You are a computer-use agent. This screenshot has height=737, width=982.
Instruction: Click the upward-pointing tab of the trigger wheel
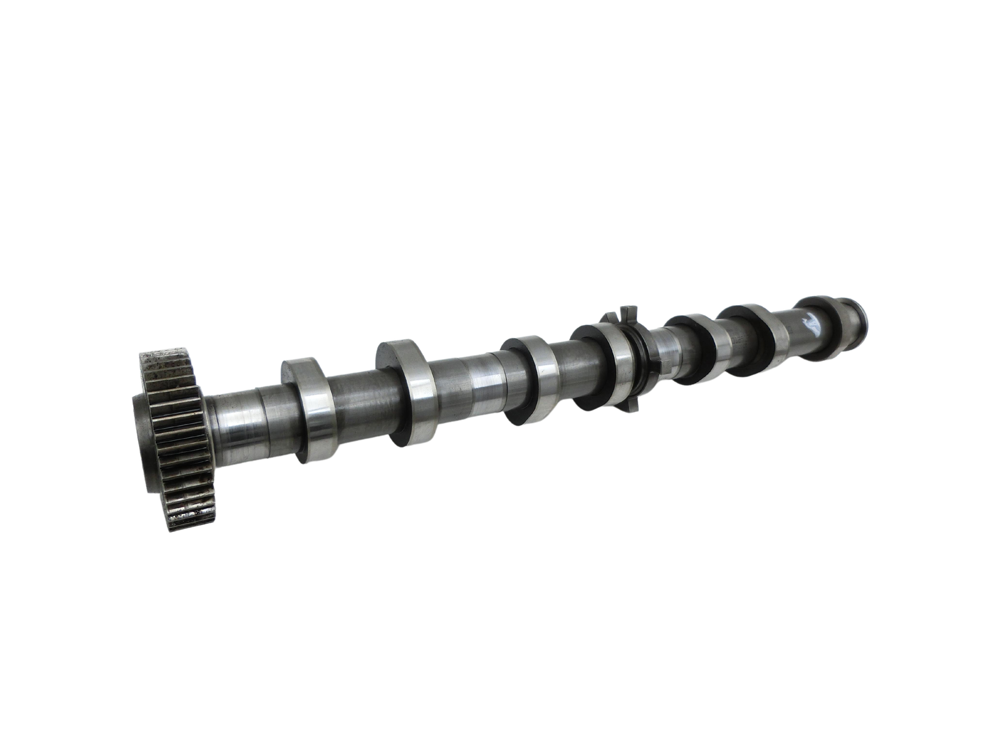(x=627, y=310)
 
